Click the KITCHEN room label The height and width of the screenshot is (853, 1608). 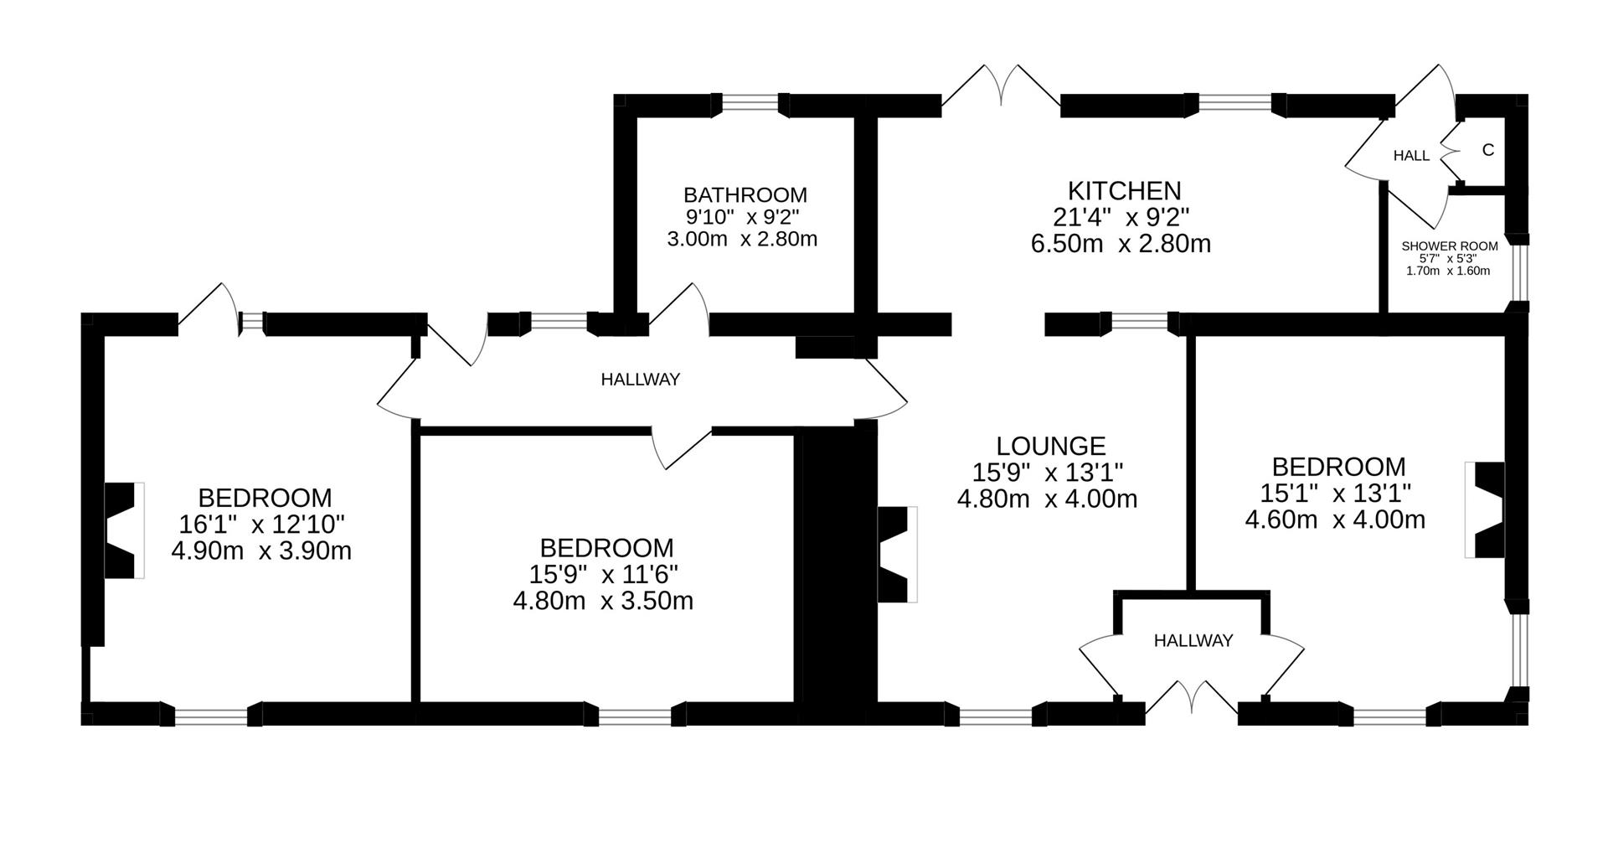pyautogui.click(x=1124, y=190)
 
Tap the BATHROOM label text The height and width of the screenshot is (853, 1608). pyautogui.click(x=745, y=195)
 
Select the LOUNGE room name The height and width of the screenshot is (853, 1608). pyautogui.click(x=1050, y=446)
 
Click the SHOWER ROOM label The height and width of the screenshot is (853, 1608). pyautogui.click(x=1449, y=246)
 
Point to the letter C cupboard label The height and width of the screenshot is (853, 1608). pyautogui.click(x=1487, y=150)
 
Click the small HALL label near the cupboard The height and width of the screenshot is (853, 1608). pyautogui.click(x=1411, y=156)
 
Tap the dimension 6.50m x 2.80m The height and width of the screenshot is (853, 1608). pyautogui.click(x=1121, y=244)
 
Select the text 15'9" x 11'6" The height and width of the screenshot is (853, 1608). pyautogui.click(x=603, y=574)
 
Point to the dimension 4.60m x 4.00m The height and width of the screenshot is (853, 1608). pyautogui.click(x=1334, y=520)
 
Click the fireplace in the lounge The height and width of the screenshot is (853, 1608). pyautogui.click(x=896, y=554)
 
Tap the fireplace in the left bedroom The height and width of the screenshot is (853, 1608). pyautogui.click(x=122, y=530)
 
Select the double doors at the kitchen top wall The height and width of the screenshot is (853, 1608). pyautogui.click(x=1002, y=88)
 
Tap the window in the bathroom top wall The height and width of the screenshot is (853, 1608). pyautogui.click(x=750, y=102)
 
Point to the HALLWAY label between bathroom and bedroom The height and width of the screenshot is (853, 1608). pyautogui.click(x=640, y=380)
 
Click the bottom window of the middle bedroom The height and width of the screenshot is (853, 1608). pyautogui.click(x=634, y=716)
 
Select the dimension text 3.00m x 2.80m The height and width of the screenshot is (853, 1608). pyautogui.click(x=741, y=239)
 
